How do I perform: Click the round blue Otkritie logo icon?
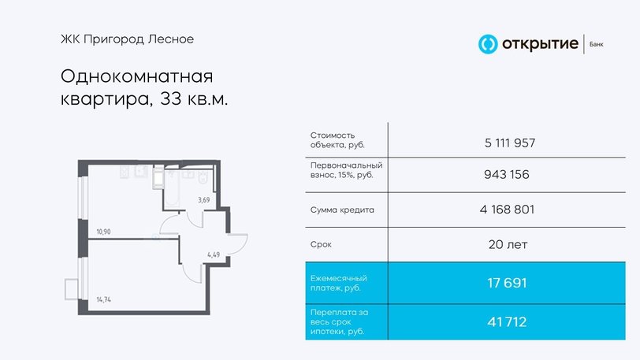[488, 43]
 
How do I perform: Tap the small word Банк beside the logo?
[597, 44]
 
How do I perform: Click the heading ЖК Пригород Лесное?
[128, 39]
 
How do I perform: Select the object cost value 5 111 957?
[510, 143]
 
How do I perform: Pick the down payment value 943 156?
[507, 174]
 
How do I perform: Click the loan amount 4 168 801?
[507, 210]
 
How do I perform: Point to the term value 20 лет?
[508, 244]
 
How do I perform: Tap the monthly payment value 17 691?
[507, 283]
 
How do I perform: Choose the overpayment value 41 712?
[507, 322]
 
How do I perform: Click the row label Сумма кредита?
[342, 210]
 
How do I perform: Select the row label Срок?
[321, 244]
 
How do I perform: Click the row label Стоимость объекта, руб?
[337, 140]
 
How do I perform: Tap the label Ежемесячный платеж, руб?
[339, 283]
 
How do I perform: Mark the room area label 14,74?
[104, 299]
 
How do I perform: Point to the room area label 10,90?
[104, 232]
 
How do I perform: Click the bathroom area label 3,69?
[203, 200]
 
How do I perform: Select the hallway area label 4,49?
[214, 254]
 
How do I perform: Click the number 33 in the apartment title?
[170, 98]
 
